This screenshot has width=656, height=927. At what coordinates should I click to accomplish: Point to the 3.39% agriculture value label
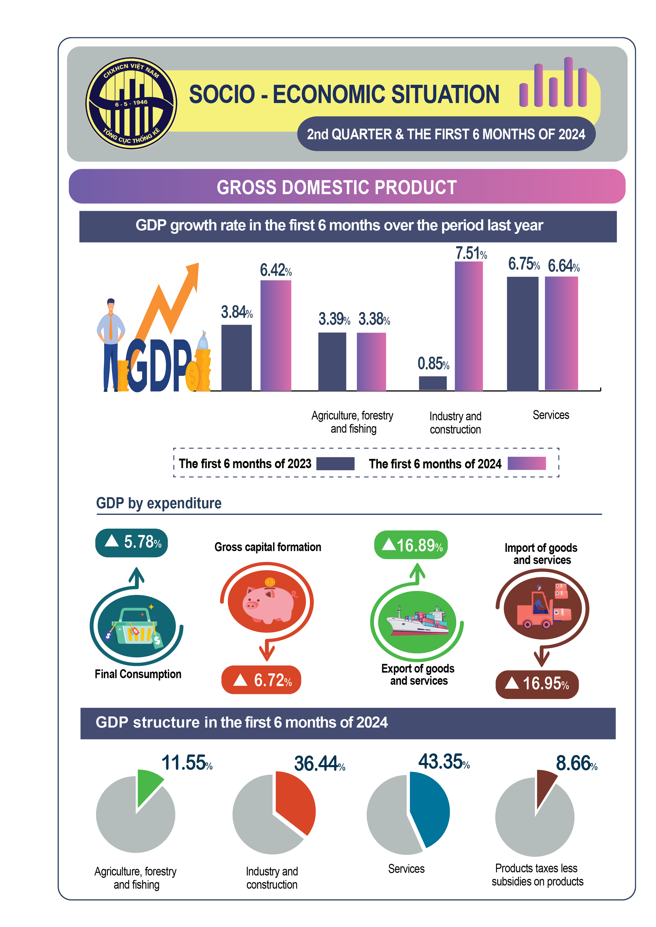click(334, 319)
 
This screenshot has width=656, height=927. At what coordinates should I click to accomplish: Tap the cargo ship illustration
click(418, 622)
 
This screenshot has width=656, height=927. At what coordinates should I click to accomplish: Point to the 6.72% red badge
click(261, 680)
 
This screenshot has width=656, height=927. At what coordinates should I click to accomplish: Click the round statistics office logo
click(131, 103)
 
